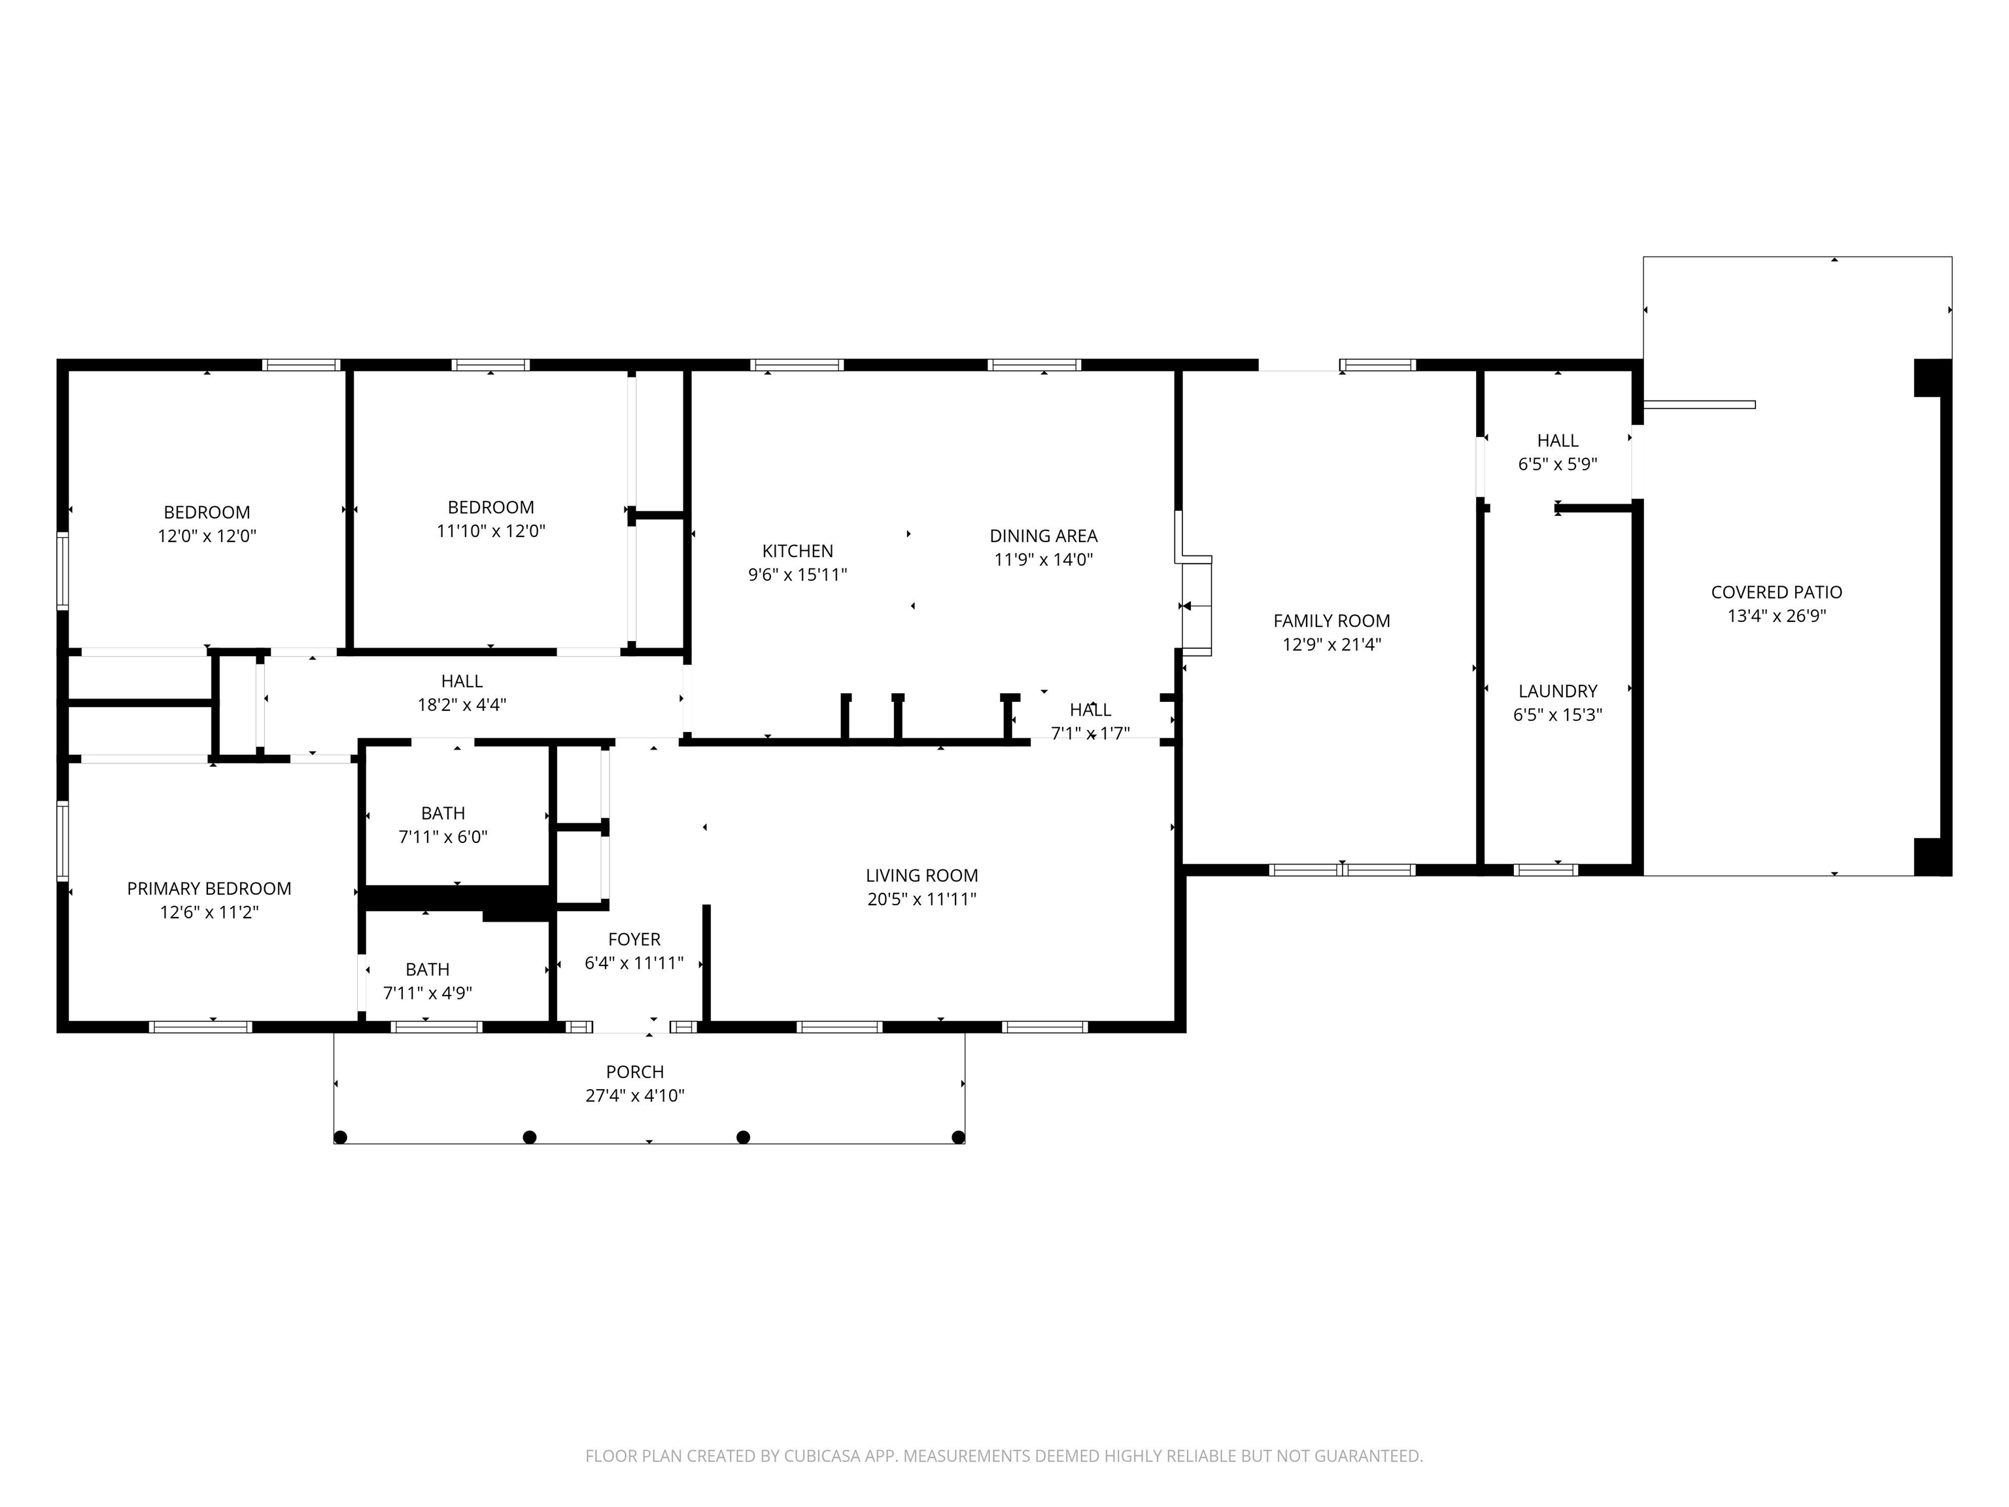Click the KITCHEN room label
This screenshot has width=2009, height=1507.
tap(797, 551)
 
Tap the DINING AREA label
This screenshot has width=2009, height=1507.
tap(1044, 536)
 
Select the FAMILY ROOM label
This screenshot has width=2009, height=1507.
tap(1331, 621)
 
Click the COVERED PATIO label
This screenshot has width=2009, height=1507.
tap(1776, 592)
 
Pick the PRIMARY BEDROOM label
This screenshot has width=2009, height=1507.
tap(209, 888)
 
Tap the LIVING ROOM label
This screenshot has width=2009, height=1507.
tap(922, 876)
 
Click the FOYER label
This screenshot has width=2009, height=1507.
tap(634, 939)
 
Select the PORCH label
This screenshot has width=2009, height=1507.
tap(635, 1072)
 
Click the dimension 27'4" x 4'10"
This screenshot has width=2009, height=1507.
tap(635, 1096)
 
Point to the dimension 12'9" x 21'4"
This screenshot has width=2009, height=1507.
tap(1331, 644)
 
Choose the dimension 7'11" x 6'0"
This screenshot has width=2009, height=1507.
tap(443, 837)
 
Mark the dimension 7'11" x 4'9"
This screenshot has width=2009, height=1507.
tap(428, 993)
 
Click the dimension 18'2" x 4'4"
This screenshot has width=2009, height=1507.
tap(462, 704)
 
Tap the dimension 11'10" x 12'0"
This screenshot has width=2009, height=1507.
tap(490, 530)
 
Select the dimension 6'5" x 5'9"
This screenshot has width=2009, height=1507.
tap(1558, 464)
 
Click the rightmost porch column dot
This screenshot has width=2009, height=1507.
tap(957, 1137)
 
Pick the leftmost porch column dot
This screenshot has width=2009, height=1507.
tap(341, 1137)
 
